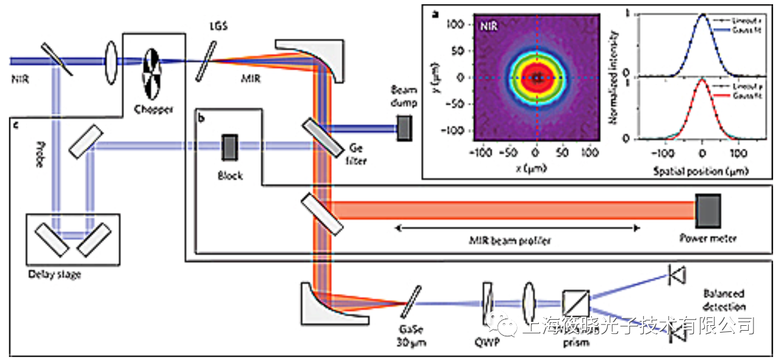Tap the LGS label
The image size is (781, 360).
click(217, 28)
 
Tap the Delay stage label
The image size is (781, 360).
click(55, 275)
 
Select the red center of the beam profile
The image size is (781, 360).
click(536, 77)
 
